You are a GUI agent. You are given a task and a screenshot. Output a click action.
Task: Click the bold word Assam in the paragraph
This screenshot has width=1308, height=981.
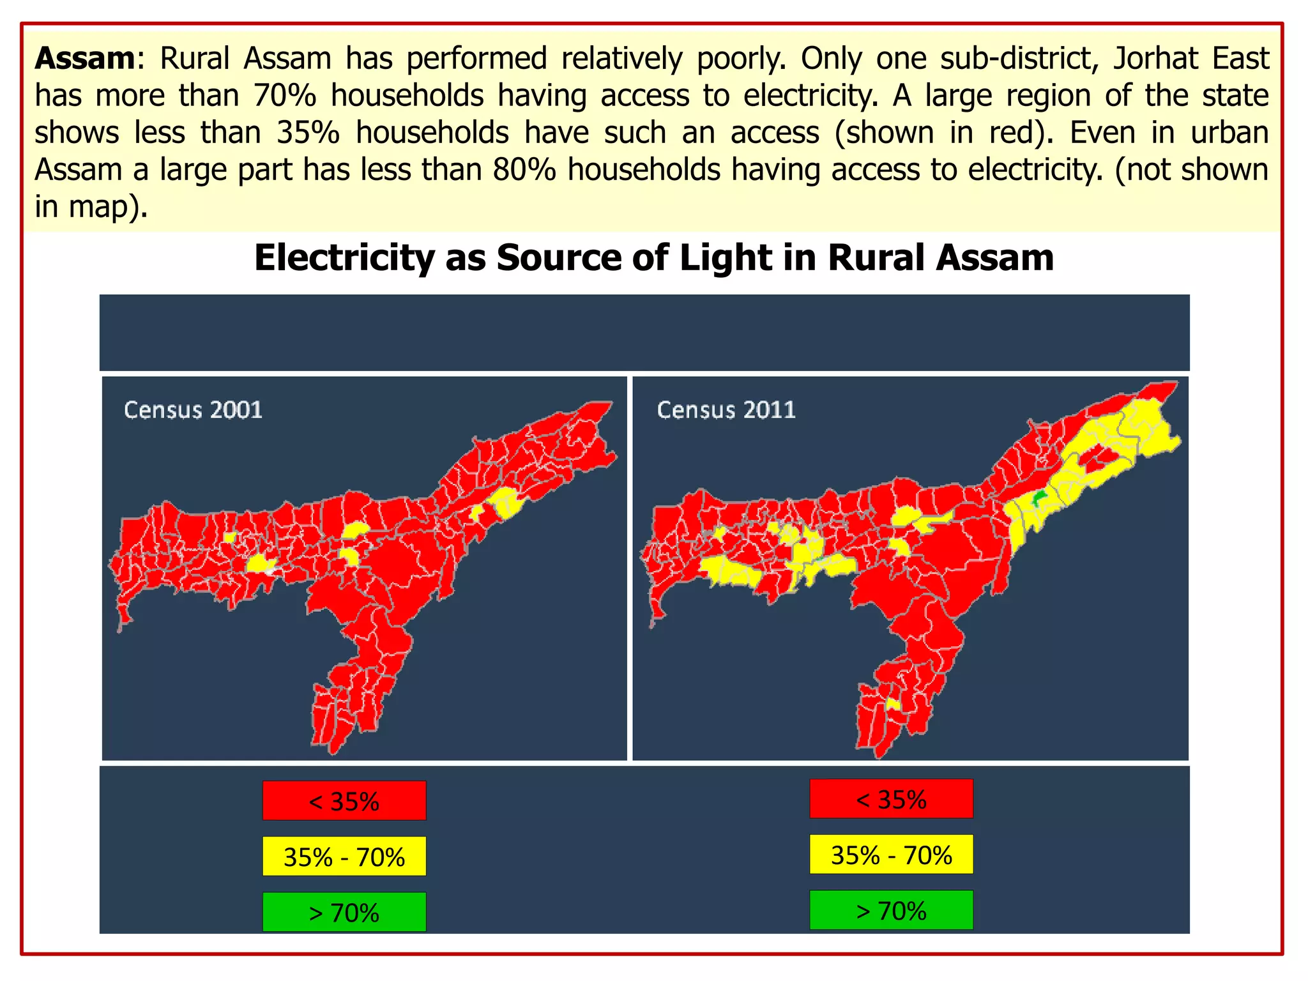click(x=84, y=59)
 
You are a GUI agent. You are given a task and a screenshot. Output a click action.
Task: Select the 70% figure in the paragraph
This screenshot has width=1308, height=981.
click(x=284, y=96)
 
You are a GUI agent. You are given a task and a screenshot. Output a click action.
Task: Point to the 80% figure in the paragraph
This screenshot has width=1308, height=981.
click(x=524, y=171)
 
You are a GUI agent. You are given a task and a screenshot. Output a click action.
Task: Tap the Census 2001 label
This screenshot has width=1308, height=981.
click(x=193, y=410)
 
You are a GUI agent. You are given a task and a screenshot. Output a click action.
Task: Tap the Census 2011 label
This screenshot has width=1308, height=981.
click(x=726, y=410)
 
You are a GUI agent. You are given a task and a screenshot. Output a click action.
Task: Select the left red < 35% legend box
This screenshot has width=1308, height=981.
click(x=344, y=800)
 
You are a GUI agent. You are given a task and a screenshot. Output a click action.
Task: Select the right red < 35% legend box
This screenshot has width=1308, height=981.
click(x=891, y=798)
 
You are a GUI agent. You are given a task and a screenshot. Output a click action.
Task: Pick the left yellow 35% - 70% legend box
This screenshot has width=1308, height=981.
click(x=344, y=856)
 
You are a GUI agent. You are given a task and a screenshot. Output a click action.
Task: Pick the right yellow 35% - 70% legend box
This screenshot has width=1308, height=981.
click(x=891, y=854)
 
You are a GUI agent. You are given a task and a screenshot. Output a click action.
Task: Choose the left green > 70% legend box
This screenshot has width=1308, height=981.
click(x=344, y=912)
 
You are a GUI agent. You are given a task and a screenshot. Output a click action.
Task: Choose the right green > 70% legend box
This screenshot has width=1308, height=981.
click(x=891, y=910)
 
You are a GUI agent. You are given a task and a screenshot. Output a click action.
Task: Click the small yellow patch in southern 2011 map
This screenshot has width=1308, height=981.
click(x=893, y=704)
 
